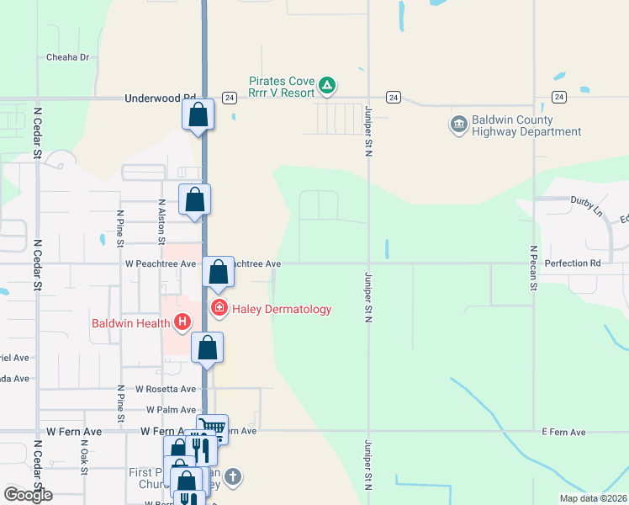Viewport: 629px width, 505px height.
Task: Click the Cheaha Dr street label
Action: click(67, 57)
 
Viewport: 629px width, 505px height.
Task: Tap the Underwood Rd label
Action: click(160, 98)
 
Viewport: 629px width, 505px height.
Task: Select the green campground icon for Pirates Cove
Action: click(328, 86)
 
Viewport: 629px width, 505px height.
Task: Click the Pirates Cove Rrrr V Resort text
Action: click(281, 87)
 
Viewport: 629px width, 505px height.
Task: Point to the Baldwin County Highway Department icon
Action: click(459, 125)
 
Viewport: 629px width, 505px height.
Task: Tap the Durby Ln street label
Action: click(587, 201)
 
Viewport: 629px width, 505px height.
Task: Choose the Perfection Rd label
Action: click(573, 263)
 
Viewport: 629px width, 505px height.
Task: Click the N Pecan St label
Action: click(533, 268)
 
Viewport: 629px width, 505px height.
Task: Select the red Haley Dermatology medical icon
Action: click(219, 309)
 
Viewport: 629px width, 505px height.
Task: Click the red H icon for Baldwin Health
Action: click(182, 322)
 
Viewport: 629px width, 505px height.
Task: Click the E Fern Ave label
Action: click(563, 432)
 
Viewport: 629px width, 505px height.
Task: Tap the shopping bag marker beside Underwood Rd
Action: click(198, 114)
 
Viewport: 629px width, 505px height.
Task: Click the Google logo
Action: click(28, 495)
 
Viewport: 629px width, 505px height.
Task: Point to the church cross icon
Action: click(233, 477)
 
